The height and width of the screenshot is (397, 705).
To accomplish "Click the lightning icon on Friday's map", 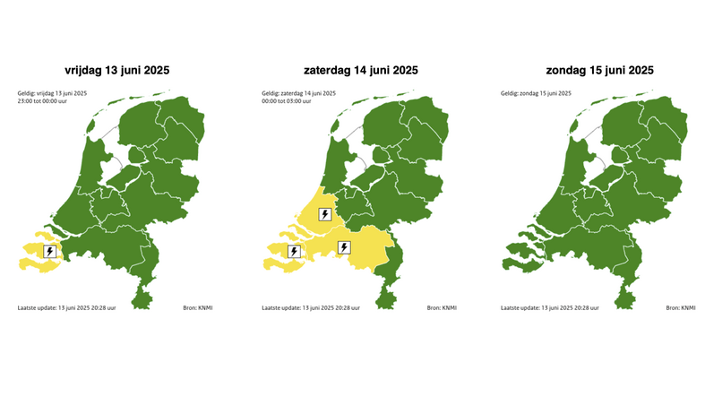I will (50, 251).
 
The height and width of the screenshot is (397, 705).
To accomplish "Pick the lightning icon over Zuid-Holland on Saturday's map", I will (324, 214).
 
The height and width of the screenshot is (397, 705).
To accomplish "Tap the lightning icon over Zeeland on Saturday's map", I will (295, 251).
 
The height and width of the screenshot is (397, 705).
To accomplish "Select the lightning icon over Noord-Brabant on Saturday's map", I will (344, 247).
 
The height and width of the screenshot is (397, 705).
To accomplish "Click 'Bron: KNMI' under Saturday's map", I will (443, 307).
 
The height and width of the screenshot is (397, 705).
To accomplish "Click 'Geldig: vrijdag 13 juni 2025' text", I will (53, 93).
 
